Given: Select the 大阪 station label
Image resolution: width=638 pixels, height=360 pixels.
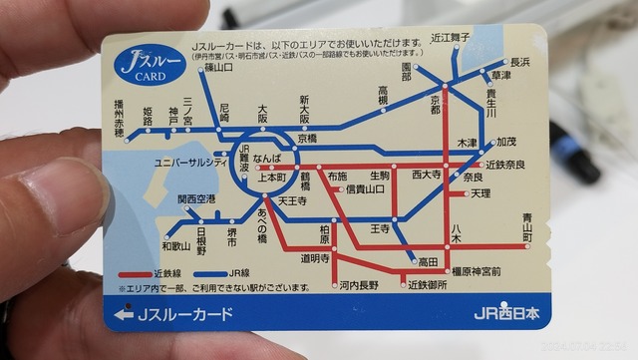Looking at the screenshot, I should pos(262,111).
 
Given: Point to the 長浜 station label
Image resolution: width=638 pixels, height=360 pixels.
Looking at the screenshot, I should pos(519,61).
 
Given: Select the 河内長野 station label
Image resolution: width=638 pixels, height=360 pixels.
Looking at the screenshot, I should pos(358,285).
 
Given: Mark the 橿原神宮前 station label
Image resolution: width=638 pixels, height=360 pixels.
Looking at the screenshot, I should pos(476,270).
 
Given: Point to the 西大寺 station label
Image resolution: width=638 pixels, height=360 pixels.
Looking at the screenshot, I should pos(427,174).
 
